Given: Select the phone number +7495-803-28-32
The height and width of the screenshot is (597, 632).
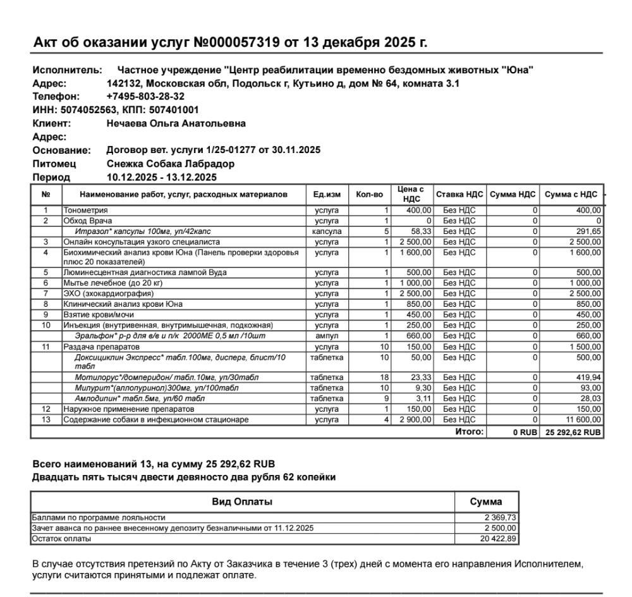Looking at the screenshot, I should (145, 97).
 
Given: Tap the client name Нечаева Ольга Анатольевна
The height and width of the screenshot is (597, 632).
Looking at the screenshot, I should (176, 123).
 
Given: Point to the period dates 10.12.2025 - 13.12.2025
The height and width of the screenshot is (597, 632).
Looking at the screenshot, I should (162, 177).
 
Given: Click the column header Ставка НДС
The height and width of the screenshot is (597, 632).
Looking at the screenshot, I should (459, 195).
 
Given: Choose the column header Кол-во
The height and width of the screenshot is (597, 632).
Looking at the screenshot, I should (369, 195).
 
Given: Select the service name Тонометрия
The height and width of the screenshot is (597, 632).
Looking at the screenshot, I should (85, 210).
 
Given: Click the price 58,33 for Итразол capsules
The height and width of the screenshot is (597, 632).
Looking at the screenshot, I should (421, 231).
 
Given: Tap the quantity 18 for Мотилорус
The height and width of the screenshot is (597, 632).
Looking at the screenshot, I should (384, 378).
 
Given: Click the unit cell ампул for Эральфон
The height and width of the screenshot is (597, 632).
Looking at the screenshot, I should (327, 336).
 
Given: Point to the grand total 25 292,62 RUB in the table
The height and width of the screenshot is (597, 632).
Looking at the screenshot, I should (573, 432).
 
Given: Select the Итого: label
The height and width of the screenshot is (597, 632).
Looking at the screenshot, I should (469, 432).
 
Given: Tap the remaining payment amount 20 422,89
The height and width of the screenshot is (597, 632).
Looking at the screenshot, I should (499, 539).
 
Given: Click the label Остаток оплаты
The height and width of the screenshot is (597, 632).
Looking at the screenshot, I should (61, 539).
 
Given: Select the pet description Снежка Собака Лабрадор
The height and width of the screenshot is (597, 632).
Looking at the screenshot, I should (171, 164).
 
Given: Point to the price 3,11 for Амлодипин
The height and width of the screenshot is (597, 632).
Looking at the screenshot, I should (422, 398).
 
